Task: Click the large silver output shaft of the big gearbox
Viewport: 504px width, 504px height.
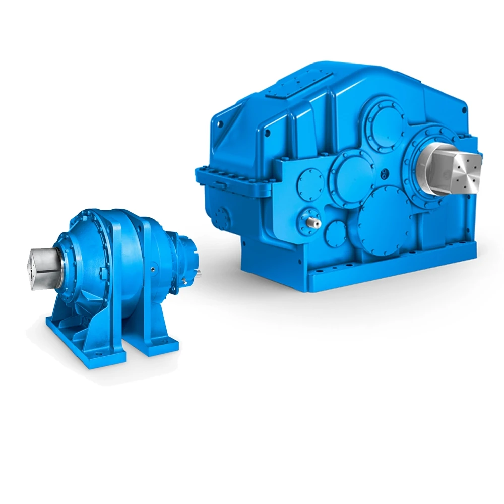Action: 449,169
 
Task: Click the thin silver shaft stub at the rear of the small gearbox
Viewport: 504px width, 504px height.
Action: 200,274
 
